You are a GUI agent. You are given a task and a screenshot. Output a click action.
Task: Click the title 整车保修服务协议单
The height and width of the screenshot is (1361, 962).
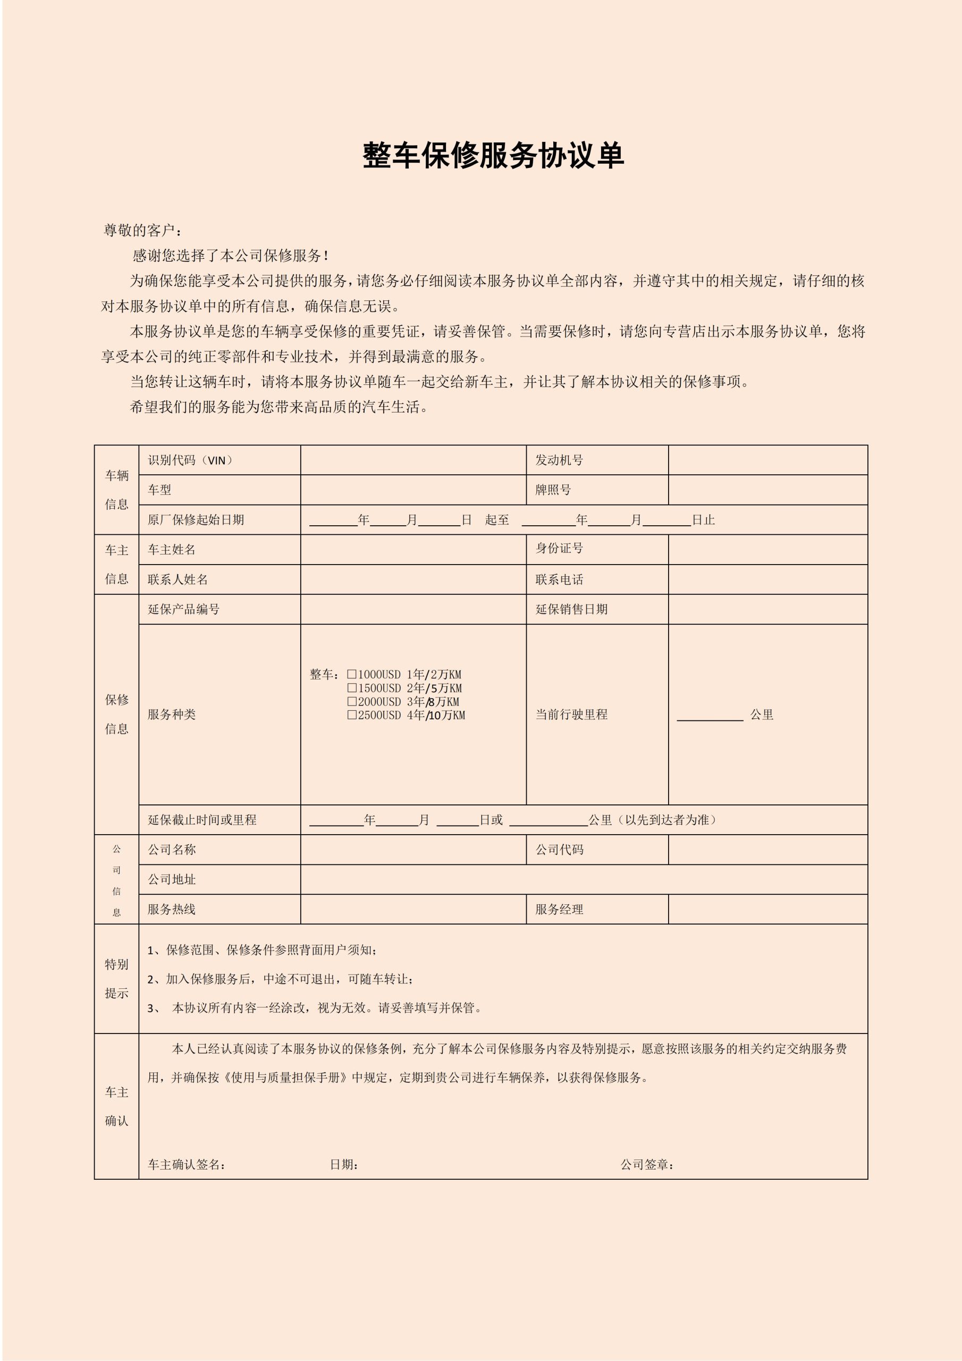click(x=493, y=156)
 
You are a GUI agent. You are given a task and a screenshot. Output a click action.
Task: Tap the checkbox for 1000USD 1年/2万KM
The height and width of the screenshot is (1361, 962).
click(x=352, y=674)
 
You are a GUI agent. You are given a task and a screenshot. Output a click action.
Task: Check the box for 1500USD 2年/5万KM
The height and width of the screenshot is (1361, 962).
click(x=352, y=687)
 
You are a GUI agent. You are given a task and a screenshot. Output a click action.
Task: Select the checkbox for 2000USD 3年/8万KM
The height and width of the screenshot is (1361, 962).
click(x=352, y=701)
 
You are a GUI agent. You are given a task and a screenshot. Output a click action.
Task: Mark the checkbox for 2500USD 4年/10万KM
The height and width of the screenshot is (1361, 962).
click(x=352, y=715)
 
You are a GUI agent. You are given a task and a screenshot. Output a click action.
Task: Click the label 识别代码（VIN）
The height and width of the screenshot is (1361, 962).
click(x=191, y=460)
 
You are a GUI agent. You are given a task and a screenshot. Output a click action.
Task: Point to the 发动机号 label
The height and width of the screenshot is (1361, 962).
click(x=559, y=460)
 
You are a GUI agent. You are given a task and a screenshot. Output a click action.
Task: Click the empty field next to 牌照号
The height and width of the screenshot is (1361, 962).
click(x=767, y=490)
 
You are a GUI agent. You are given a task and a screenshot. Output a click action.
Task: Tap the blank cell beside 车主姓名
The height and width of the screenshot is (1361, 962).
click(x=412, y=550)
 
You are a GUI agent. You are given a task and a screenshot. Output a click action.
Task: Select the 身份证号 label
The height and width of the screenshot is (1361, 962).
click(x=559, y=548)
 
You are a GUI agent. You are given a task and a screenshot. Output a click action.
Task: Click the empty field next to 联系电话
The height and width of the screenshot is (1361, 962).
click(x=767, y=579)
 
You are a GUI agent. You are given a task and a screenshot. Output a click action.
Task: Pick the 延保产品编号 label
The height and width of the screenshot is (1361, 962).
click(x=184, y=609)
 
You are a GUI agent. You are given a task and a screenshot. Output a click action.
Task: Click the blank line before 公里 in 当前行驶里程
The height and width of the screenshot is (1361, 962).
click(x=710, y=715)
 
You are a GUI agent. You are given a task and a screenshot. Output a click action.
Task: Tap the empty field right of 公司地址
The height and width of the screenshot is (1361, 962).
click(x=583, y=879)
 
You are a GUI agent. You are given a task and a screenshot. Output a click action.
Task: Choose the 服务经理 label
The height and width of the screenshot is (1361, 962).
click(x=559, y=909)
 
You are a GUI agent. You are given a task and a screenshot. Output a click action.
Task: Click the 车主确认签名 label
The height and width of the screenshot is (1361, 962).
click(x=186, y=1165)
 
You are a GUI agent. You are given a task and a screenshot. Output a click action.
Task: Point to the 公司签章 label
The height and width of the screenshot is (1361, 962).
click(x=647, y=1165)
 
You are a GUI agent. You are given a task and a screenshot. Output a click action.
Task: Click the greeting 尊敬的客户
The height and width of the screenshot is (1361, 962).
click(x=142, y=230)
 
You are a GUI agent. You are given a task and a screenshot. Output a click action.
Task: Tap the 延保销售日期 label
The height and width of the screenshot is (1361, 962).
click(x=571, y=609)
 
